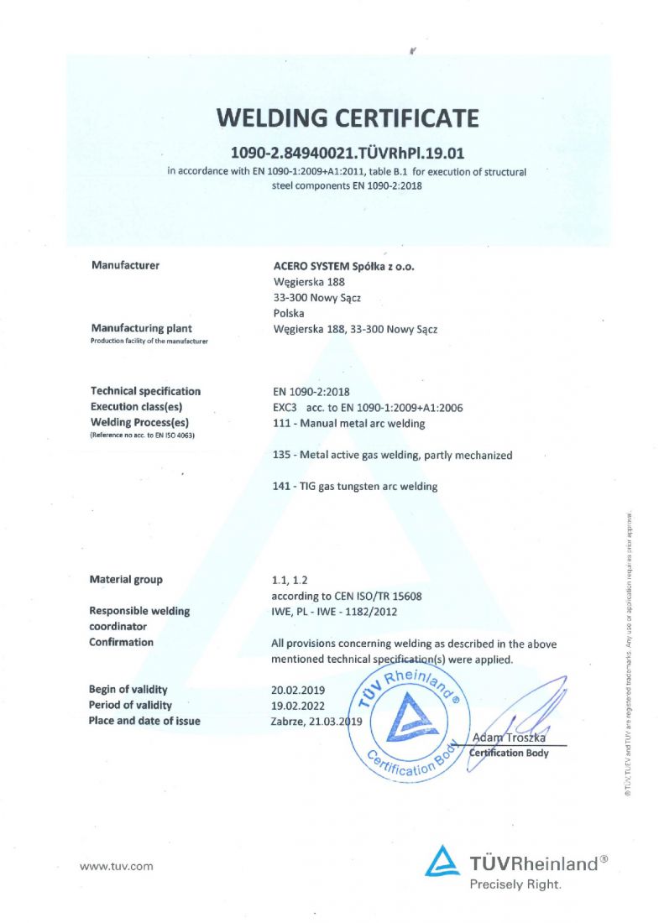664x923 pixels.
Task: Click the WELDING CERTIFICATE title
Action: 348,117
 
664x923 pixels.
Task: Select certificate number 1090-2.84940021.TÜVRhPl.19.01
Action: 348,153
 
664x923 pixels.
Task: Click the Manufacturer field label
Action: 125,266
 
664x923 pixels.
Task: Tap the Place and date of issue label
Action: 144,722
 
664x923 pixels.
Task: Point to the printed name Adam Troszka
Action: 510,738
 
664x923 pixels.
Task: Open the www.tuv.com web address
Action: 116,866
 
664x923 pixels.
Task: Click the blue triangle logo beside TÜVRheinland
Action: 442,861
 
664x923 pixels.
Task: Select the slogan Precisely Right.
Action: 515,884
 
